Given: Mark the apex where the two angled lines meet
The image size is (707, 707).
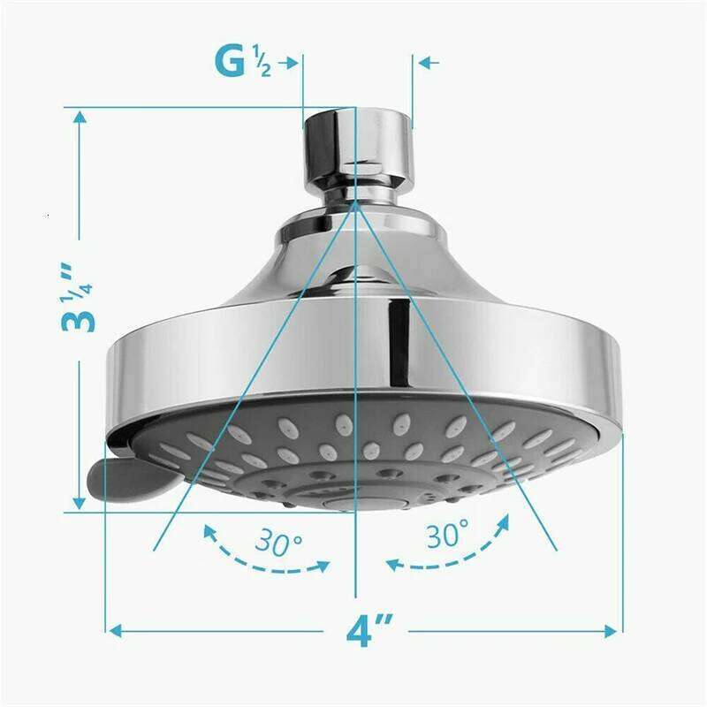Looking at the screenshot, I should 355,201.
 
